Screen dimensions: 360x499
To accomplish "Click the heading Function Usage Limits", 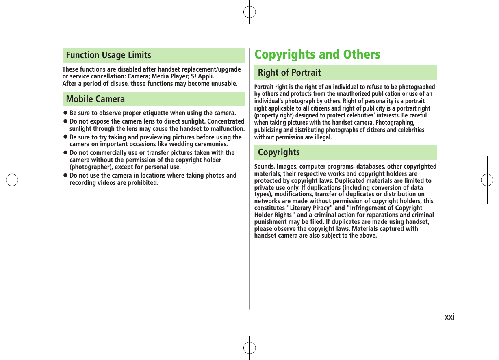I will (x=108, y=55).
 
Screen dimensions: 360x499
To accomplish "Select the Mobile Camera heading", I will (x=95, y=99).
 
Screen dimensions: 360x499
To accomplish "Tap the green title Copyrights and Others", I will (x=317, y=54).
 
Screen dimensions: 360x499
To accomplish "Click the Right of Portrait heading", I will (x=289, y=73).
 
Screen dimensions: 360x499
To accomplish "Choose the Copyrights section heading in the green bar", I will (x=279, y=152).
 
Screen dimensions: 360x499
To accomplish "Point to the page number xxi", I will (x=449, y=317).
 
